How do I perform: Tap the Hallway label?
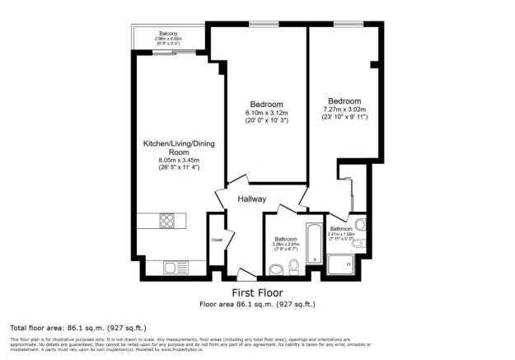(251, 199)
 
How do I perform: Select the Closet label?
(216, 240)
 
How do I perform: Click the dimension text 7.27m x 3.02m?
(344, 109)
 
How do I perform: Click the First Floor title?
(258, 292)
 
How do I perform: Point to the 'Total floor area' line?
(63, 327)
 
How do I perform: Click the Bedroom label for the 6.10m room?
(266, 104)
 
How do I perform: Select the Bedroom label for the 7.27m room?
(344, 100)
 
